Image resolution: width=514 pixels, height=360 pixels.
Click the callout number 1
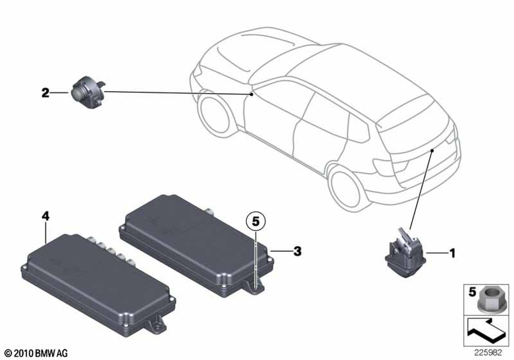coord(452,253)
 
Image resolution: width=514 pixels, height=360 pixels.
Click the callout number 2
coord(45,93)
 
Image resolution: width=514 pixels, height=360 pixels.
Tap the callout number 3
coord(297,251)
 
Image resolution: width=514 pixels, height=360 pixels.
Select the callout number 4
coord(45,216)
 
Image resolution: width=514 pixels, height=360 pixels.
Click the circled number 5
coord(255,222)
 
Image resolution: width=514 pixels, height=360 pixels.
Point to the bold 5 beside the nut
coord(472,292)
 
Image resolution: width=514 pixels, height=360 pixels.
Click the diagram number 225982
coord(488,353)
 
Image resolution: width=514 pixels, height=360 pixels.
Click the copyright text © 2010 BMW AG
coord(36,353)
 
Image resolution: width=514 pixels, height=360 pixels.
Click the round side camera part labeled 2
coord(88,92)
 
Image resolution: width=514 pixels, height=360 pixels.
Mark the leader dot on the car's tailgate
coord(432,151)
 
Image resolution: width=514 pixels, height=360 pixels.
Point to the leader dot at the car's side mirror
coord(251,95)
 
